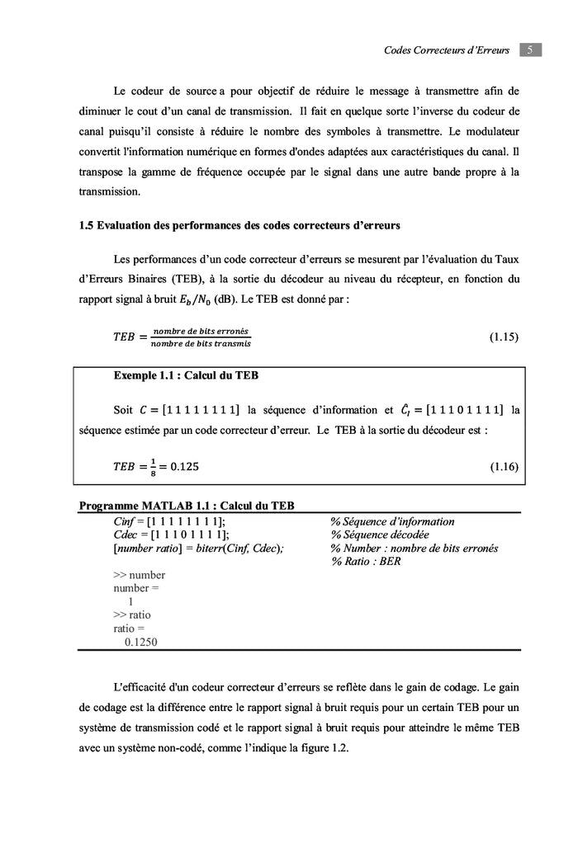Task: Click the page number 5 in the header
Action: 530,50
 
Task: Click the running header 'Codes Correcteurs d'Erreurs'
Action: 448,51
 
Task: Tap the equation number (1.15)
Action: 504,337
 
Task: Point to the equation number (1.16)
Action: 504,467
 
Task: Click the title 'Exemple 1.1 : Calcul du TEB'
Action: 186,375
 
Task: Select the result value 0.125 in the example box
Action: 184,467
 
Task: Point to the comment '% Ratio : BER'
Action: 366,561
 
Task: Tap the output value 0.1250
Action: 141,641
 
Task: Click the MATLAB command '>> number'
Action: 139,575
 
